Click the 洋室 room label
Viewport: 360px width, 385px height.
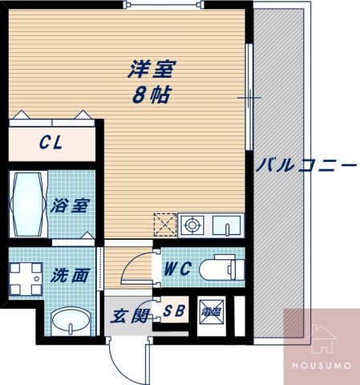152,69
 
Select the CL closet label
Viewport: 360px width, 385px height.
53,144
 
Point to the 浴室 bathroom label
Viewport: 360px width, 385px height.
71,205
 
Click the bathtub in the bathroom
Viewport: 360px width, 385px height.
28,205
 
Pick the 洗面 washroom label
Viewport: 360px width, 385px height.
71,276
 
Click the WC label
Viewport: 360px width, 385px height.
177,270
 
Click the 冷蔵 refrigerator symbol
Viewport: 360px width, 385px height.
212,312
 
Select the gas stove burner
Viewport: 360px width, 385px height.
192,226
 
